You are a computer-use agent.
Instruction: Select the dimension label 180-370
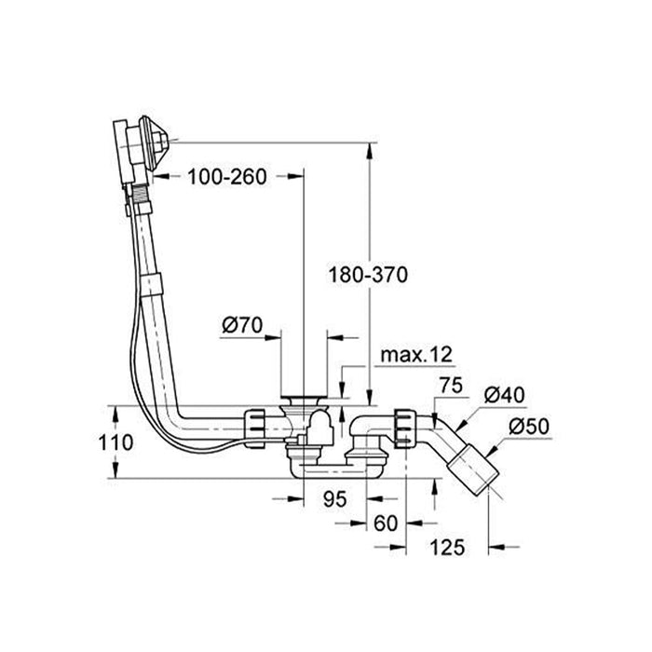coord(369,275)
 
